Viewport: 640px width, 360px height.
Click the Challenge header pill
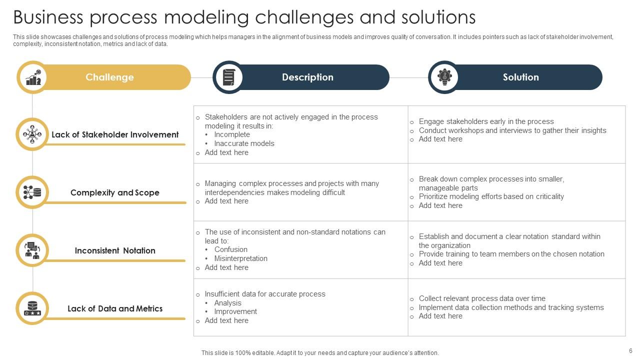pos(109,77)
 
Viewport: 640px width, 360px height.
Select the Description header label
pos(307,77)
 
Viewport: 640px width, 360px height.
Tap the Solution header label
pos(520,77)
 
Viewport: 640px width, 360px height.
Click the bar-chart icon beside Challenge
pos(33,77)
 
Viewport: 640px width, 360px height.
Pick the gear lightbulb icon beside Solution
pos(444,77)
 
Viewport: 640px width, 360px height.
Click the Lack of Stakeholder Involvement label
pos(115,135)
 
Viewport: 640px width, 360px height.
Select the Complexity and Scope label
pos(115,193)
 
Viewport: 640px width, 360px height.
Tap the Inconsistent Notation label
pos(115,251)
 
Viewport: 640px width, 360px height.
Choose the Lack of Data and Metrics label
pos(115,309)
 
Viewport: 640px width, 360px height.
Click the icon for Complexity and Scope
pos(32,192)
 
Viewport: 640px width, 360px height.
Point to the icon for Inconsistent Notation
pos(32,250)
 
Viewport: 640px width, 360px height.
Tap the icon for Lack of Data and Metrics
pos(32,308)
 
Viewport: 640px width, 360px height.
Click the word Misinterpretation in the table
pos(241,258)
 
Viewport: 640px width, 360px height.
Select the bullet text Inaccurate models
pos(244,143)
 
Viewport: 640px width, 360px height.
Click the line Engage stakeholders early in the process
pos(486,121)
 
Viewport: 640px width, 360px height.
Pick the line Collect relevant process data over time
pos(482,298)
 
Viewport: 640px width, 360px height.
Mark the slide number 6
pos(630,351)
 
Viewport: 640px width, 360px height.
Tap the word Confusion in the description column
pos(231,249)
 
